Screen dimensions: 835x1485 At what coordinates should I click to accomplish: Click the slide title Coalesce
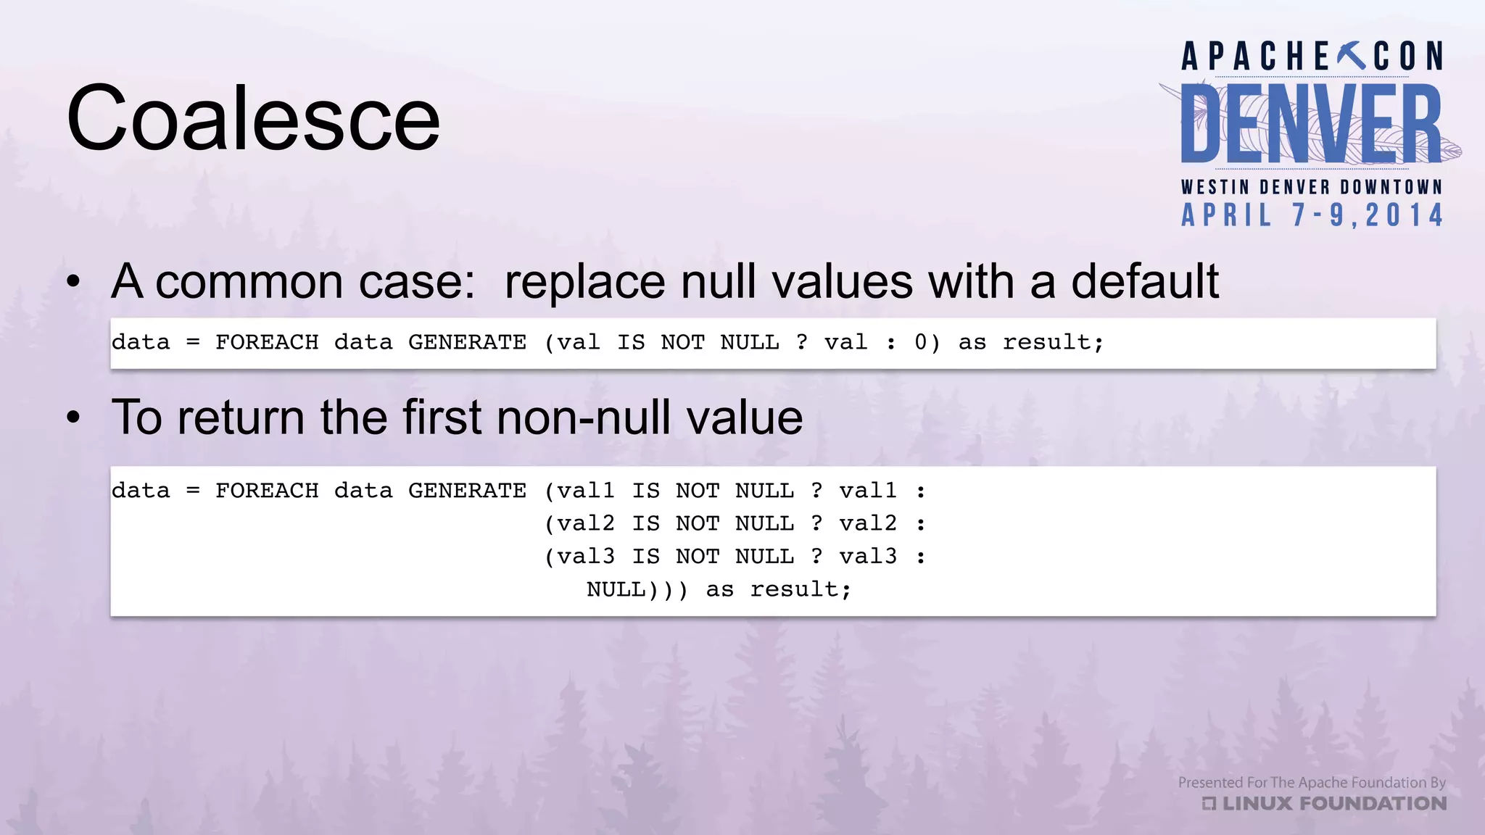click(253, 118)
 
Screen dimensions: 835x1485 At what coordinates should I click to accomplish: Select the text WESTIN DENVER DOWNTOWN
click(1311, 187)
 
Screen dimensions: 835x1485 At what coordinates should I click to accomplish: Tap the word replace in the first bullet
click(584, 281)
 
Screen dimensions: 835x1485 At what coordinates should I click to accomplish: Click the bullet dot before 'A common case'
click(73, 282)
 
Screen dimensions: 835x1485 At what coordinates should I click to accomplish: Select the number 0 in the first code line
click(920, 342)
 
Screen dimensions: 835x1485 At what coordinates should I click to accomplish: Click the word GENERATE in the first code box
click(467, 342)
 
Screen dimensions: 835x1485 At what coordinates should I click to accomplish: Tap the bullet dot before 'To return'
click(73, 418)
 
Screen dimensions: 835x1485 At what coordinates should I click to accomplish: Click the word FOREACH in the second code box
click(267, 491)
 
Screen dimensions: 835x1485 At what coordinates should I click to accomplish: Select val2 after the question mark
click(867, 523)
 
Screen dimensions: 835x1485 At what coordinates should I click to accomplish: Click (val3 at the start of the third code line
click(579, 557)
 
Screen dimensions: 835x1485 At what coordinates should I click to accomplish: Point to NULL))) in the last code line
click(637, 589)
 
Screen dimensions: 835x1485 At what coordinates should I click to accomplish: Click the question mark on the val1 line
click(816, 491)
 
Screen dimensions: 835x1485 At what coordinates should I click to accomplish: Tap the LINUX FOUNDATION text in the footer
click(1333, 804)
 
